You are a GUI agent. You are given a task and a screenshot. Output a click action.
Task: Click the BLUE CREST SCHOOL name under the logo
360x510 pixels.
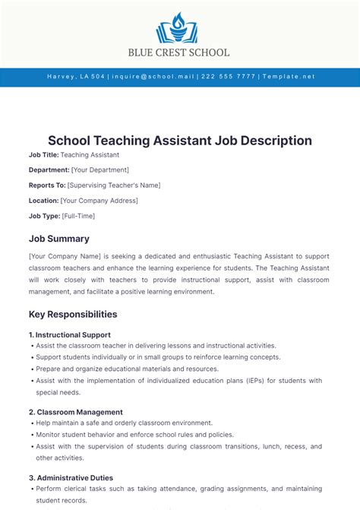(180, 52)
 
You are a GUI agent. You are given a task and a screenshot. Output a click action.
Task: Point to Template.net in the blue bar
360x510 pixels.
(288, 77)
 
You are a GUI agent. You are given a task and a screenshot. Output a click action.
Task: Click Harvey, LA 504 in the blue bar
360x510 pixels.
(75, 77)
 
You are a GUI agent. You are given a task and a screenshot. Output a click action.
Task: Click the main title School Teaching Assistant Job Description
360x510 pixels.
(180, 141)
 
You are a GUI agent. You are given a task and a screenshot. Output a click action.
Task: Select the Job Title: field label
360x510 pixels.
(43, 155)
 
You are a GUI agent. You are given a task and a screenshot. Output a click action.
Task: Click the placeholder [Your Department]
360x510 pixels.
(100, 170)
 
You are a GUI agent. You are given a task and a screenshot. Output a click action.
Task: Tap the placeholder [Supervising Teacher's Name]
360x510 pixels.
(114, 185)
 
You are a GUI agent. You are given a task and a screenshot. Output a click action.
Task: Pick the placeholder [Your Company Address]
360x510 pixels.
(99, 201)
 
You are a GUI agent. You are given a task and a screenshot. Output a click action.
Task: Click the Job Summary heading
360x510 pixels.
(59, 239)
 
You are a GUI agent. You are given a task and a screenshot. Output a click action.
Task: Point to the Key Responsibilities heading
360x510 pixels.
(73, 314)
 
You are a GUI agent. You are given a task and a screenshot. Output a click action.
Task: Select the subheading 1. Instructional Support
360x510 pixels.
(70, 334)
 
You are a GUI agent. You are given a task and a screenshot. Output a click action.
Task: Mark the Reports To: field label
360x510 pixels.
(47, 185)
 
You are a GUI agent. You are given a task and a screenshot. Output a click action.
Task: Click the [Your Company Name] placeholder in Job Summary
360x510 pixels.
(63, 257)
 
